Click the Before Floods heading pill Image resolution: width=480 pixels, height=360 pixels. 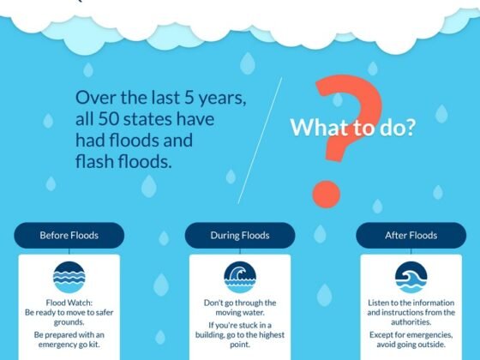pyautogui.click(x=69, y=235)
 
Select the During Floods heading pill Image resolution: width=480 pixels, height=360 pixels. pyautogui.click(x=240, y=235)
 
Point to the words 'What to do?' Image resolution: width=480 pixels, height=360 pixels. pyautogui.click(x=353, y=129)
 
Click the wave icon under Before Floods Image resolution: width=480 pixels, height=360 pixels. pyautogui.click(x=69, y=277)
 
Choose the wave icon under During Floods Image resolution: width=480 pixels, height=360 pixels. pyautogui.click(x=240, y=277)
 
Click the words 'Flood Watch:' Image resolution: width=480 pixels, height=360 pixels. pyautogui.click(x=69, y=303)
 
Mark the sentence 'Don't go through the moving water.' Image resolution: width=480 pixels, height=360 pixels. pyautogui.click(x=240, y=308)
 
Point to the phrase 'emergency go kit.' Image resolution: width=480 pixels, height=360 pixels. pyautogui.click(x=69, y=344)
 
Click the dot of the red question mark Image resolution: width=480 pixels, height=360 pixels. pyautogui.click(x=326, y=190)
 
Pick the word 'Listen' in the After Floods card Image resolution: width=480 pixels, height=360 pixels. pyautogui.click(x=382, y=303)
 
